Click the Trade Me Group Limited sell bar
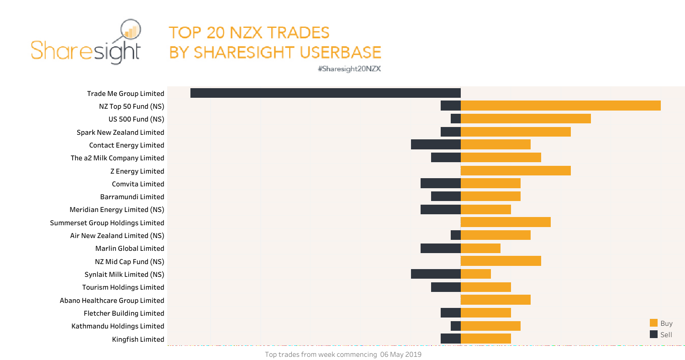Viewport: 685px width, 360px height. click(325, 93)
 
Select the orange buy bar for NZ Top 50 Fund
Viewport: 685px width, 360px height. click(560, 106)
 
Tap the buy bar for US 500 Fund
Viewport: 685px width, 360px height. click(526, 119)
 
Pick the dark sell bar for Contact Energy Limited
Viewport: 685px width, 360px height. click(436, 144)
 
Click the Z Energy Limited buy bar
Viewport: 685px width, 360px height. click(516, 171)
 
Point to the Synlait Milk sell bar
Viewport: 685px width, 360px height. click(436, 274)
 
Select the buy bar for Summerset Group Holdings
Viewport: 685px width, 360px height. click(506, 222)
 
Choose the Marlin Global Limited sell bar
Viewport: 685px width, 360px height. click(440, 249)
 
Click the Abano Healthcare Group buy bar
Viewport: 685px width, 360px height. click(495, 300)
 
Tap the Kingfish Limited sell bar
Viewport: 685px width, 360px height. click(450, 339)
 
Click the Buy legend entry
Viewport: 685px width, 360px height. click(661, 323)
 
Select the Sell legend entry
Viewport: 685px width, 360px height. click(661, 334)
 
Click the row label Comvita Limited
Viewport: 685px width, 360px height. click(138, 184)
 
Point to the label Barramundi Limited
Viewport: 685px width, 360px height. click(132, 197)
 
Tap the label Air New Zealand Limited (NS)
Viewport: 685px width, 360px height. click(117, 236)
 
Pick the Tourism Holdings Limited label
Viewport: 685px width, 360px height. click(123, 287)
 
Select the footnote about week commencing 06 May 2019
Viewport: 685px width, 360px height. click(343, 355)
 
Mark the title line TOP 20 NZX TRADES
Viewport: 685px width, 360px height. click(249, 32)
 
